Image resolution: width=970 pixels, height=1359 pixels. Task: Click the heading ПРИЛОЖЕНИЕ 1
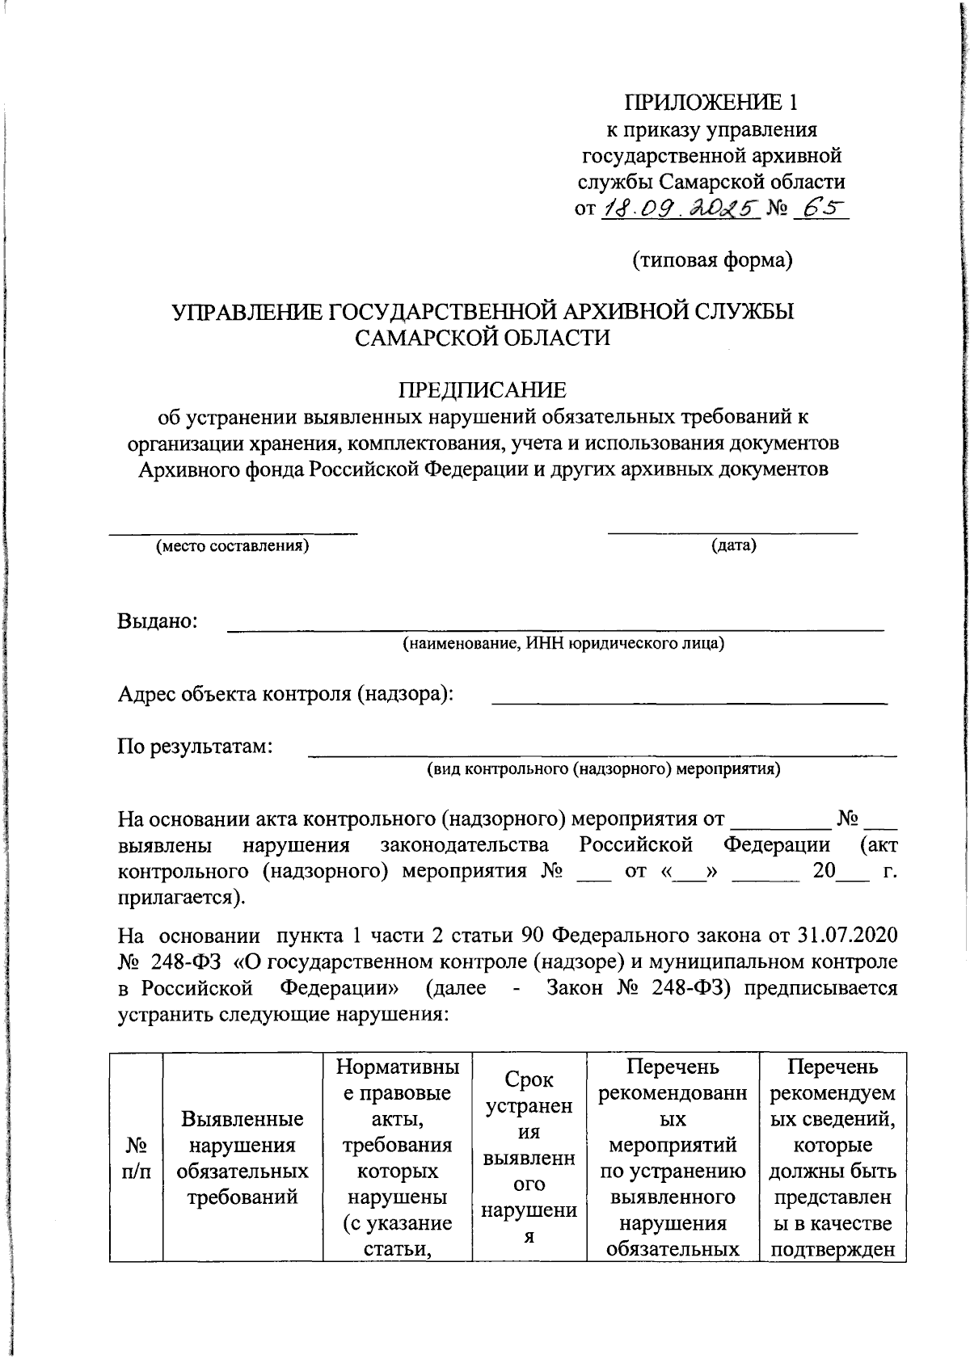click(711, 103)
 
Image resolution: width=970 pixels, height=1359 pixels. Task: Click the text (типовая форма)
click(711, 260)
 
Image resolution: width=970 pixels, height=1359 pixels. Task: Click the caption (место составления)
click(233, 545)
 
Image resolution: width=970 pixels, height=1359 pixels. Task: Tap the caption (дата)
click(733, 545)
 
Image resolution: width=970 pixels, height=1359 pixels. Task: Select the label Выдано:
click(158, 621)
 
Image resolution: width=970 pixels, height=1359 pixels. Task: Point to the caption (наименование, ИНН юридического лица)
click(563, 644)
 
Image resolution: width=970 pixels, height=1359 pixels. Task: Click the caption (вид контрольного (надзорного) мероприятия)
click(603, 768)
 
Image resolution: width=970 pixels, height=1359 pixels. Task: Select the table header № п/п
click(136, 1158)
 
